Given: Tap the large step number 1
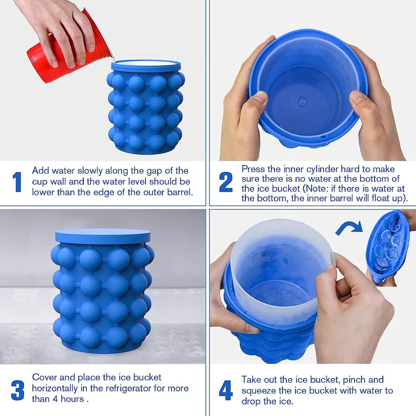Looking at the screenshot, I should [17, 182].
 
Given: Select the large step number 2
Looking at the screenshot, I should [226, 182].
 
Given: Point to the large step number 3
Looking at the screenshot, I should [18, 390].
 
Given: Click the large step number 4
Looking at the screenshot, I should [226, 390].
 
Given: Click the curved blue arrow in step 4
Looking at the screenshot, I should [349, 228].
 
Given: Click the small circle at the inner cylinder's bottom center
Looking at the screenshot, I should [302, 101].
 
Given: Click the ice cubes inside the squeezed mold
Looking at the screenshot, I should [387, 245].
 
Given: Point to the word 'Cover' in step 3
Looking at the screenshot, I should [44, 377].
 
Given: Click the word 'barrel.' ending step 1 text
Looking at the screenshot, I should [180, 192].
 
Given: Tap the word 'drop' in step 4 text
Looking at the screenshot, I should [251, 401].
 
